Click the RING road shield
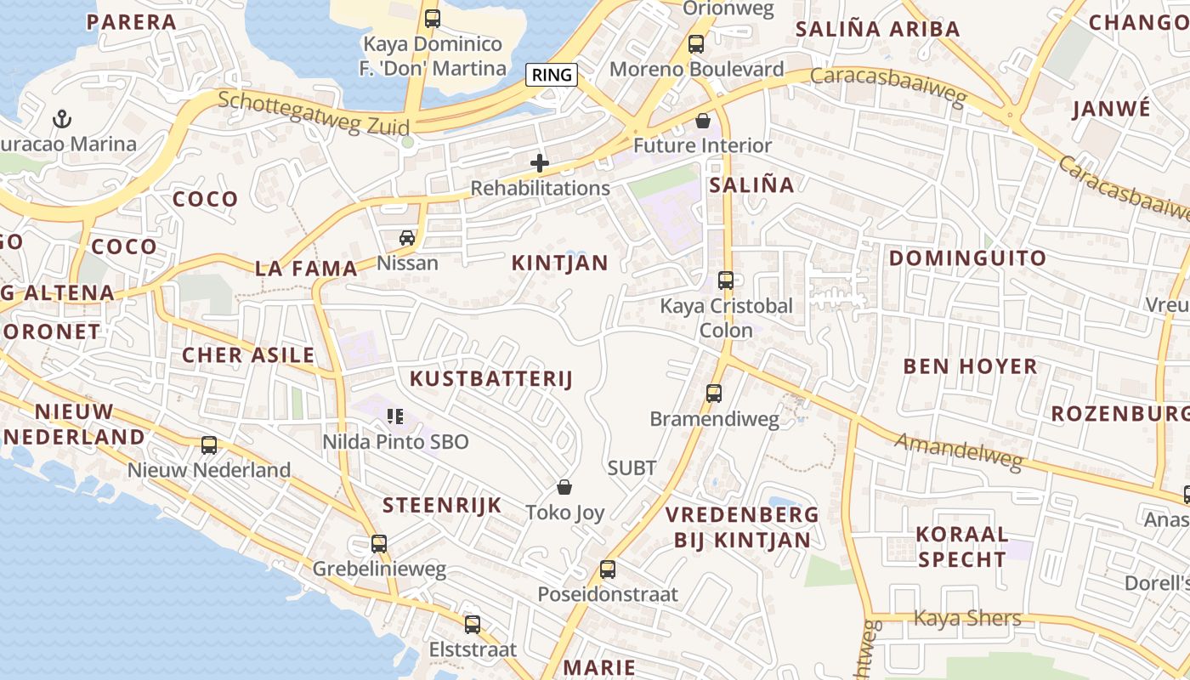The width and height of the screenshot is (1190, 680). [552, 75]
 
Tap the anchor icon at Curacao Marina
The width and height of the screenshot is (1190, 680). [61, 118]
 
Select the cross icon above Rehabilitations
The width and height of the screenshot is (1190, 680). [540, 163]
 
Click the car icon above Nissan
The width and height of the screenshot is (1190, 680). [407, 238]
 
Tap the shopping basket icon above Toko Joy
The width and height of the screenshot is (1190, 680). [564, 487]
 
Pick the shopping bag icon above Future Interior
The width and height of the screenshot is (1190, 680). [703, 121]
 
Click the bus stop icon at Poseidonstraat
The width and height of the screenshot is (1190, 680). [608, 569]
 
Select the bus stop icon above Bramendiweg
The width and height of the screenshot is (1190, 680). [714, 394]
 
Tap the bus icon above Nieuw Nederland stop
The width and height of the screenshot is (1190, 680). [209, 445]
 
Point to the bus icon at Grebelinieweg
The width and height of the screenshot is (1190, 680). [379, 543]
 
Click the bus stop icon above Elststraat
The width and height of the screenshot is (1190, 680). [473, 625]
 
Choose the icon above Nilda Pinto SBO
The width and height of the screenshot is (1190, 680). [395, 416]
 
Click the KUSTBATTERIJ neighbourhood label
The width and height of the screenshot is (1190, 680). [491, 379]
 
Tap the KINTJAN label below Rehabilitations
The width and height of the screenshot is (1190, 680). [560, 263]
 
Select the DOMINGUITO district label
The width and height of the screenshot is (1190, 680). [967, 258]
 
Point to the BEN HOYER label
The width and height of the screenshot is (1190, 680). [970, 366]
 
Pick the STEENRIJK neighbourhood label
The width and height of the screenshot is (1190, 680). [442, 506]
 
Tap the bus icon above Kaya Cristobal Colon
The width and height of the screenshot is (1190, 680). [726, 280]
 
